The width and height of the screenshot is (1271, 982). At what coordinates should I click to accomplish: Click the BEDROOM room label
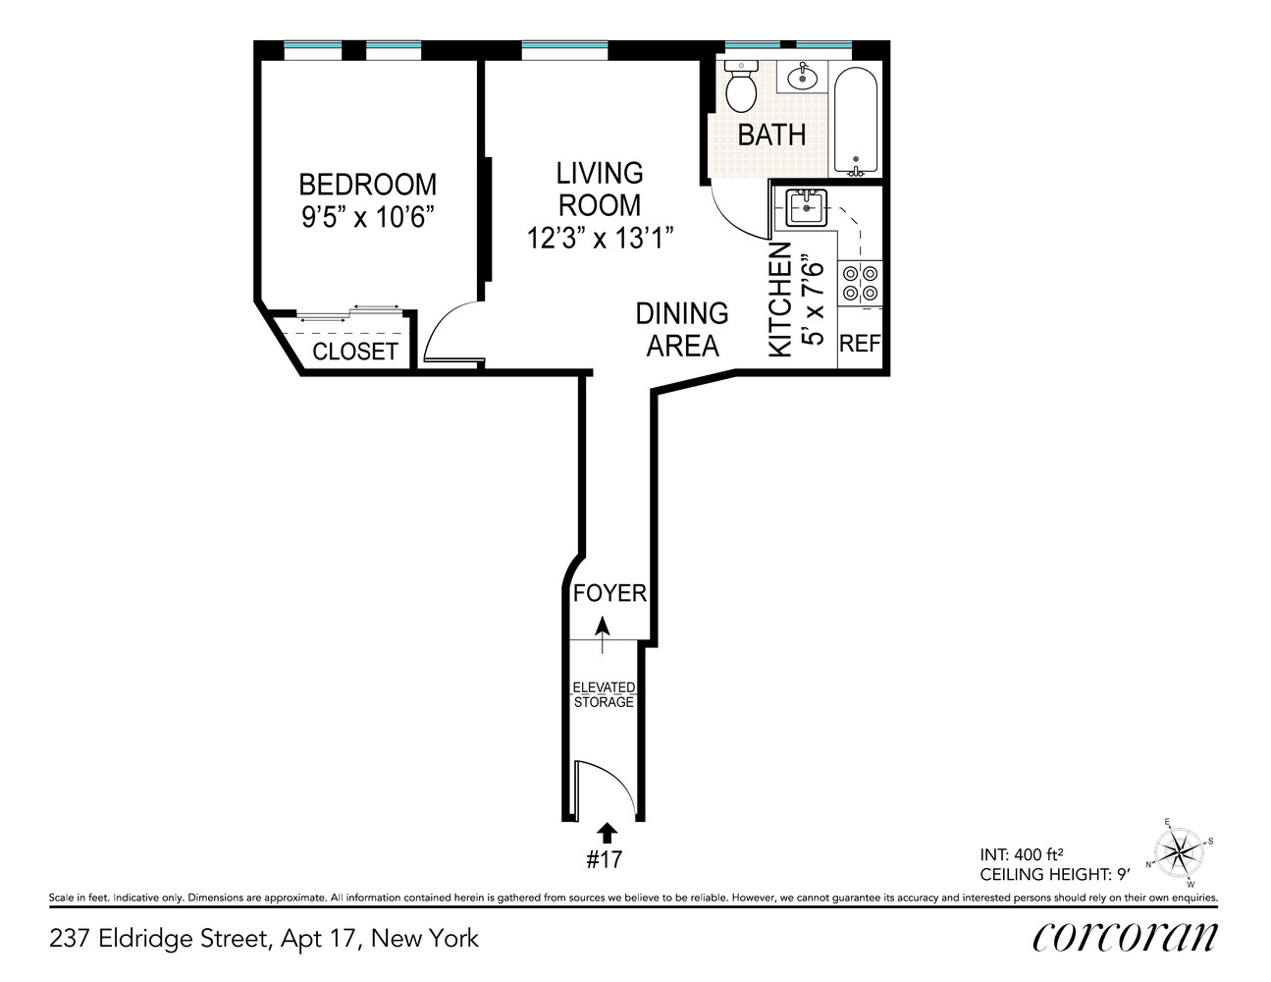pyautogui.click(x=367, y=185)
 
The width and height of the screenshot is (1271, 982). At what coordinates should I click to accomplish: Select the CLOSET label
pyautogui.click(x=354, y=351)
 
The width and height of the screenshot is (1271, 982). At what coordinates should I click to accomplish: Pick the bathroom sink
pyautogui.click(x=804, y=76)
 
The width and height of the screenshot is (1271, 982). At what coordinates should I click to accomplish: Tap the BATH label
pyautogui.click(x=771, y=135)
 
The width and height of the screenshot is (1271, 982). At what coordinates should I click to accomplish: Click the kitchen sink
pyautogui.click(x=807, y=207)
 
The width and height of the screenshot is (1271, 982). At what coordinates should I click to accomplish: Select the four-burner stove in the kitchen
pyautogui.click(x=861, y=283)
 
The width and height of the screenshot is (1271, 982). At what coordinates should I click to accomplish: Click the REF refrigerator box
pyautogui.click(x=861, y=343)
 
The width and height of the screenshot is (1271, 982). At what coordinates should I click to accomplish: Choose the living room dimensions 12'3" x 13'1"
pyautogui.click(x=599, y=238)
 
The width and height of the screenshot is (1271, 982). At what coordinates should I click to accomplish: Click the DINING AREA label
pyautogui.click(x=682, y=329)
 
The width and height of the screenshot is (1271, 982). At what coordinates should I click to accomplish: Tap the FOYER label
pyautogui.click(x=609, y=593)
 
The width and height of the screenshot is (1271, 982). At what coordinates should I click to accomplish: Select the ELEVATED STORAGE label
pyautogui.click(x=604, y=694)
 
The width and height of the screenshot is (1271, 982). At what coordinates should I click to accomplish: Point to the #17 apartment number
pyautogui.click(x=605, y=860)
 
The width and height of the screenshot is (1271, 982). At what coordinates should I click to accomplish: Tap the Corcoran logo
pyautogui.click(x=1125, y=937)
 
